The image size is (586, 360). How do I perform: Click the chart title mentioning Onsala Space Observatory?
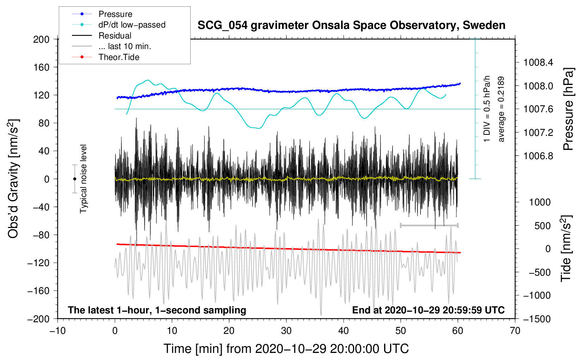[351, 25]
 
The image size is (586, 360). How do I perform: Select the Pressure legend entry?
[115, 14]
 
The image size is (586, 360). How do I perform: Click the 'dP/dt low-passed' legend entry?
[132, 25]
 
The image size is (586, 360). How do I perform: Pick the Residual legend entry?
[115, 36]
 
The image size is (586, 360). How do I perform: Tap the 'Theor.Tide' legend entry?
[119, 57]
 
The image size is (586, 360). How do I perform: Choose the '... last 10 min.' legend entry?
[125, 46]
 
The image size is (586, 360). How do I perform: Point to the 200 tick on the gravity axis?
[41, 39]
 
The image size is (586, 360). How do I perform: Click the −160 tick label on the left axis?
[38, 291]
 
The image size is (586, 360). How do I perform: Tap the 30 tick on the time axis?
[286, 331]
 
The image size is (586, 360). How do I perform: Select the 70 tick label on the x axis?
[515, 331]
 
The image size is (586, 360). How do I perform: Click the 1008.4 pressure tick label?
[538, 63]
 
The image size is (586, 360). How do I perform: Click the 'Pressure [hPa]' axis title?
[568, 109]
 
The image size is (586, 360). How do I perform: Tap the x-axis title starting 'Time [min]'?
[286, 349]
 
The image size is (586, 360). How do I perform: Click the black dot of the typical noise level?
[74, 179]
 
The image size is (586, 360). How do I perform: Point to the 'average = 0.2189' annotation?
[501, 109]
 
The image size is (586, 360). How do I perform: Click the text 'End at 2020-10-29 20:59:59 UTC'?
[428, 310]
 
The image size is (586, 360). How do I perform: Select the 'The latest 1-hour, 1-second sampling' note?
[157, 310]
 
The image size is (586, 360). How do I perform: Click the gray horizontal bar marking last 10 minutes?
[429, 225]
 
